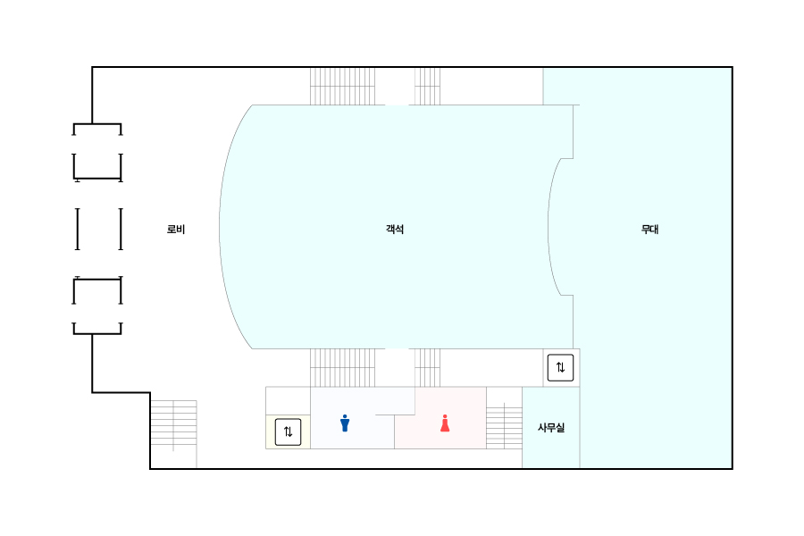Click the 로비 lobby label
click(x=176, y=230)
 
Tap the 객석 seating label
click(x=395, y=230)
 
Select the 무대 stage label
click(x=649, y=230)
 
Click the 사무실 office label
click(x=551, y=428)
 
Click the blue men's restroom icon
click(x=345, y=423)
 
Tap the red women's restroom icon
click(x=445, y=423)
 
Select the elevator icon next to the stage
click(x=560, y=367)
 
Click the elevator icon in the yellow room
click(x=288, y=431)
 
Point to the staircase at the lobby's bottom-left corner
click(x=173, y=422)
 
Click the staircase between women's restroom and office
click(x=504, y=425)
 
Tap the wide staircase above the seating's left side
click(x=342, y=86)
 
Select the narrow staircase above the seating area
click(x=427, y=86)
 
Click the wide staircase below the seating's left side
click(x=342, y=367)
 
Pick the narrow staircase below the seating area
click(x=427, y=367)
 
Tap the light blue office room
click(x=551, y=447)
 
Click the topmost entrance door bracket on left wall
click(x=96, y=128)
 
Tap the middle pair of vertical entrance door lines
click(x=99, y=229)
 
